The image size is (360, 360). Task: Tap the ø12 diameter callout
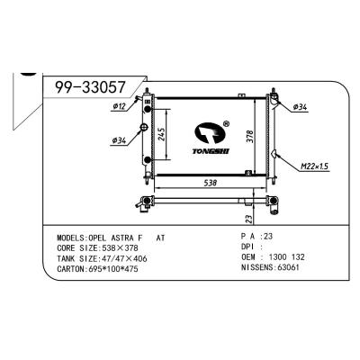(118, 108)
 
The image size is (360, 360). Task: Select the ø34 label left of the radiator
(118, 139)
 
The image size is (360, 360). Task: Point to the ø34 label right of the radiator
(300, 107)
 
